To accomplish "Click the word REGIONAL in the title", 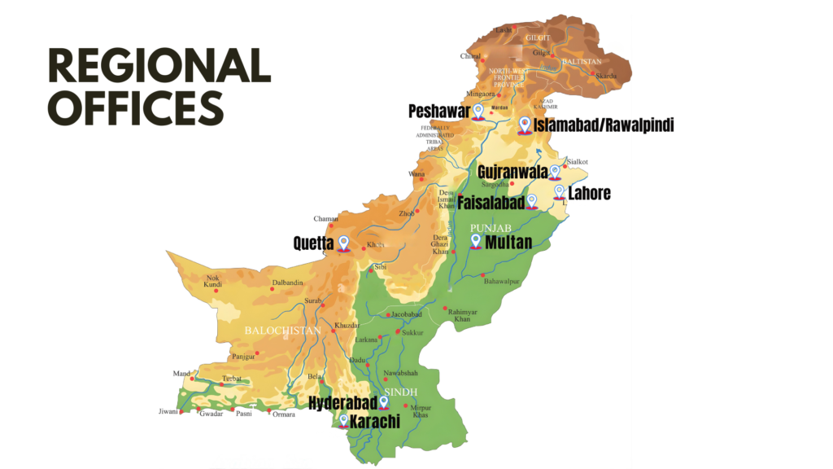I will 159,66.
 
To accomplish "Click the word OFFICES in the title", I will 135,108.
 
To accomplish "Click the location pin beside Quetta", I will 343,243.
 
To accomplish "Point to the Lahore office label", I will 590,194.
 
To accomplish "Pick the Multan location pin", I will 477,241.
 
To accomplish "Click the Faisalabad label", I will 491,202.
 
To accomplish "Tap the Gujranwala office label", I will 512,173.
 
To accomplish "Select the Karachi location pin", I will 343,421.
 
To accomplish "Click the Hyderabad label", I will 342,403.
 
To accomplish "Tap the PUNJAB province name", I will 490,227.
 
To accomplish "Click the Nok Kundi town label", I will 213,281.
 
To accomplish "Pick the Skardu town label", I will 605,76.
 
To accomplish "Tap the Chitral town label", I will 471,56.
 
